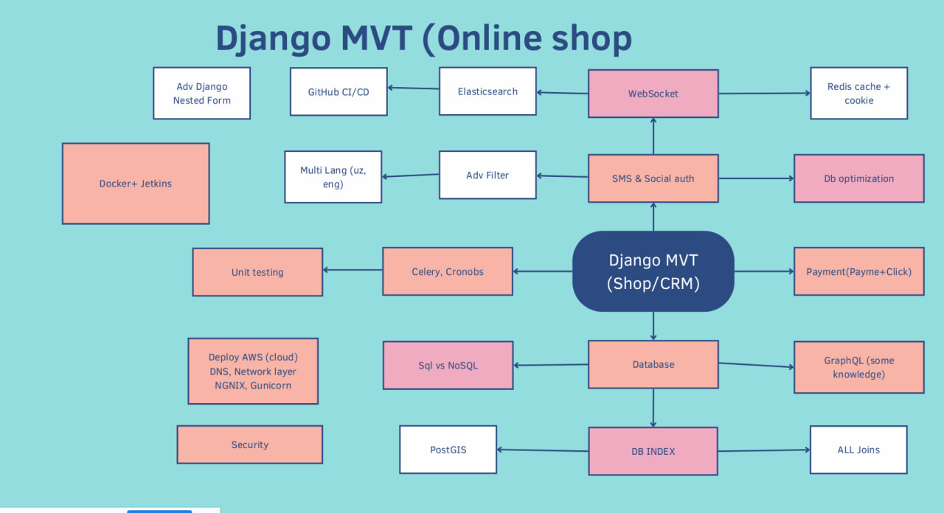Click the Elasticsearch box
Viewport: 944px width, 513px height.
487,91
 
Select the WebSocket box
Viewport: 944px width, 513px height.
653,94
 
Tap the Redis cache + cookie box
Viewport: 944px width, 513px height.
858,94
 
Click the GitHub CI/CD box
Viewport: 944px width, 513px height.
339,92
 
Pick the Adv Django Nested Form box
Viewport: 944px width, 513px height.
201,94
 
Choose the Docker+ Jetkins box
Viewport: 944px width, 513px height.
136,184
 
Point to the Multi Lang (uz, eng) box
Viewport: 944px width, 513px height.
333,177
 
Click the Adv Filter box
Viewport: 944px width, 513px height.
487,175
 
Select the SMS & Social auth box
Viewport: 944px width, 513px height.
653,178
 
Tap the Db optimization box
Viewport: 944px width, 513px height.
858,178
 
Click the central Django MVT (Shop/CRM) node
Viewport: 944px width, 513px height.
653,271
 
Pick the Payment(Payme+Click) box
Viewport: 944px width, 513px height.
858,271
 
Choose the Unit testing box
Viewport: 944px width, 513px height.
257,272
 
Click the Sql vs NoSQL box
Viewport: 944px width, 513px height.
448,365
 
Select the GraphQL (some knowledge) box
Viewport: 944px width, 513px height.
858,367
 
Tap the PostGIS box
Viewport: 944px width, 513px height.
448,450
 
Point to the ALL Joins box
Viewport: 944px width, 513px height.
858,450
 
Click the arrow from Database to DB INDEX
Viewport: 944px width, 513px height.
653,408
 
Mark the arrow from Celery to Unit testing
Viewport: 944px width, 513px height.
353,271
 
